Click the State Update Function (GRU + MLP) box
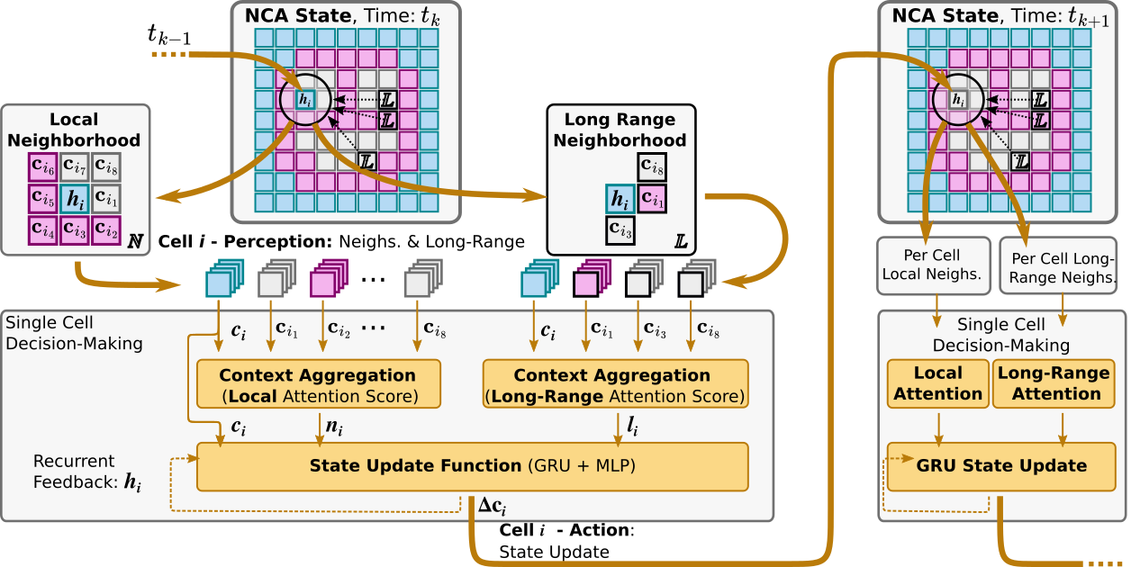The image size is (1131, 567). tap(472, 466)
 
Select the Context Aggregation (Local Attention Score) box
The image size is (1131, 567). tap(318, 384)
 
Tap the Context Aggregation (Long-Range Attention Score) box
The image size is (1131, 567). tap(615, 384)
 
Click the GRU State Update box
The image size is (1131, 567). tap(1000, 466)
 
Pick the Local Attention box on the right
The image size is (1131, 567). tap(937, 383)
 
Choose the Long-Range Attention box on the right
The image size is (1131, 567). tap(1056, 383)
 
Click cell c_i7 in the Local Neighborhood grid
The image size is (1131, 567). tap(75, 167)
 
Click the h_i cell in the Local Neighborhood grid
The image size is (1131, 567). tap(75, 198)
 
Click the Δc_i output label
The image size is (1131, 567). tap(491, 508)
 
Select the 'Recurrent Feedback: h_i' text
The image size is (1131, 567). tap(86, 472)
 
